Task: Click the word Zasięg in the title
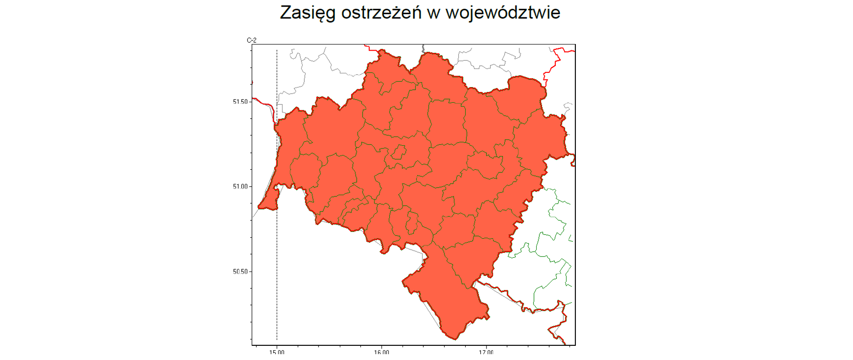[307, 13]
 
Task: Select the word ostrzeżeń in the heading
[381, 13]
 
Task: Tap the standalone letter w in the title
[433, 13]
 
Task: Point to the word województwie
[502, 13]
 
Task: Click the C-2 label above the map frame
[251, 40]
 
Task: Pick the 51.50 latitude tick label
[240, 102]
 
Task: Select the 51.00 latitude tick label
[240, 187]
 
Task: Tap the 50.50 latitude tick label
[240, 272]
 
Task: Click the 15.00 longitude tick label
[276, 352]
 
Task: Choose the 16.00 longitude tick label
[381, 352]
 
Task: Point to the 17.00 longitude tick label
[486, 352]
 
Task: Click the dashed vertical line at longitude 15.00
[277, 267]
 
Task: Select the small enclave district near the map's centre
[399, 152]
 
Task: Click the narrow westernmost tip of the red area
[260, 207]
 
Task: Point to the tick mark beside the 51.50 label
[250, 102]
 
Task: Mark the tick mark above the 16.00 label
[382, 346]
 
